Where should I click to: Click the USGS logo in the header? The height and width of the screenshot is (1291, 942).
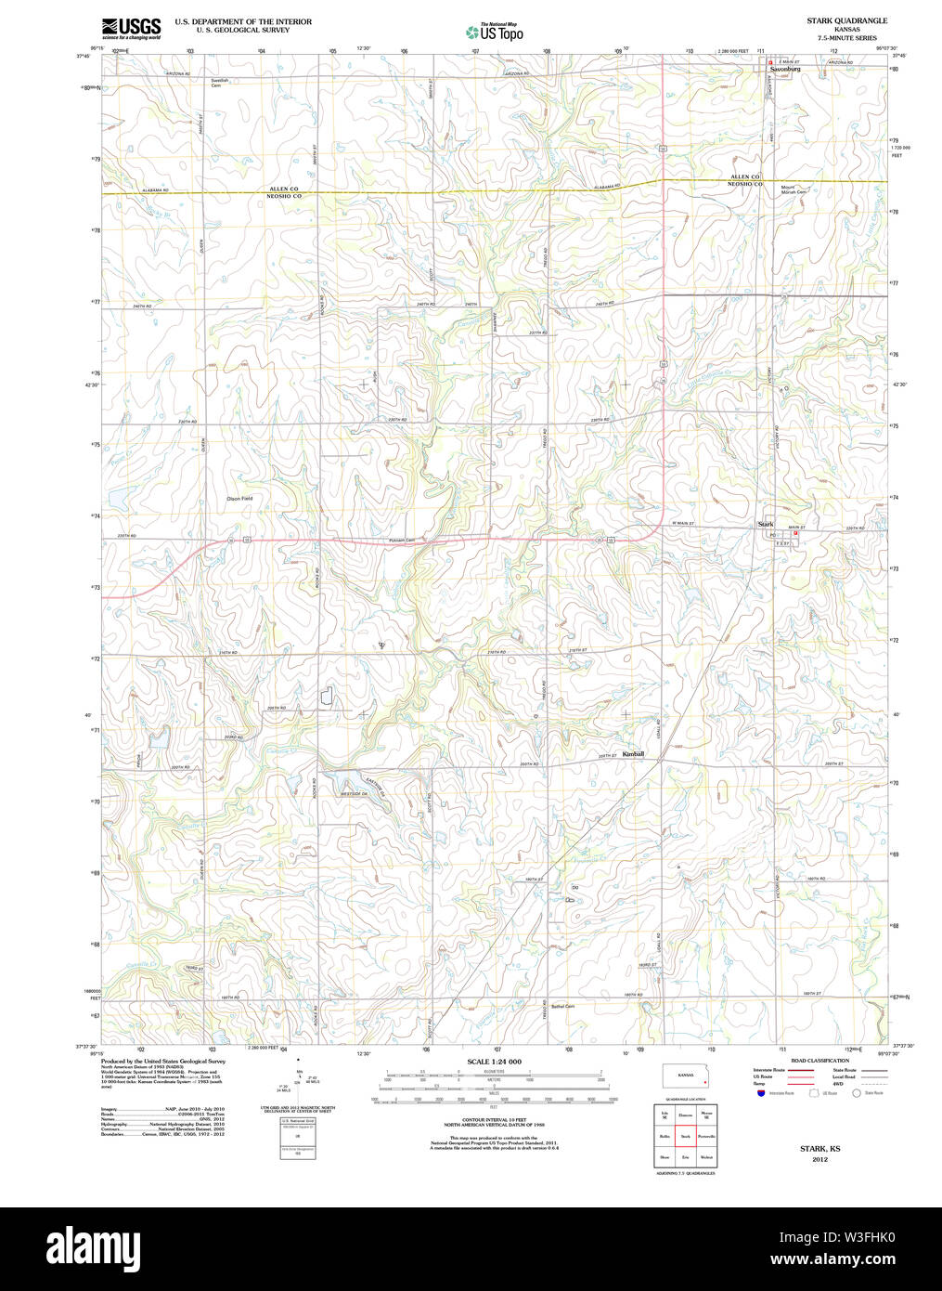point(130,27)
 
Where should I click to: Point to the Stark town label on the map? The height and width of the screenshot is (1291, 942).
point(765,525)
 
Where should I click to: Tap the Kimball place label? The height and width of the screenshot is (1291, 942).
point(633,754)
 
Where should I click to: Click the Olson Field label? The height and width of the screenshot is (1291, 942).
point(239,499)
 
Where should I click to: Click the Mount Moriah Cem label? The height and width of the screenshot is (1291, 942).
point(793,189)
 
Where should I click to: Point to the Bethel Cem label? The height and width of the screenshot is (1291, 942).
point(562,1007)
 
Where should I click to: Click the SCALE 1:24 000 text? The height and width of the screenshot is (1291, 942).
point(494,1062)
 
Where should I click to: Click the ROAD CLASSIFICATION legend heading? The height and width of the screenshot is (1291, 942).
point(819,1061)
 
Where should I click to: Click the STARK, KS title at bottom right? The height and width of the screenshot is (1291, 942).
point(819,1149)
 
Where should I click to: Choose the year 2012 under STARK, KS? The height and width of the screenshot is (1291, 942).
point(819,1159)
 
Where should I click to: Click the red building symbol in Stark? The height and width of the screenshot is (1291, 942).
point(795,533)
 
